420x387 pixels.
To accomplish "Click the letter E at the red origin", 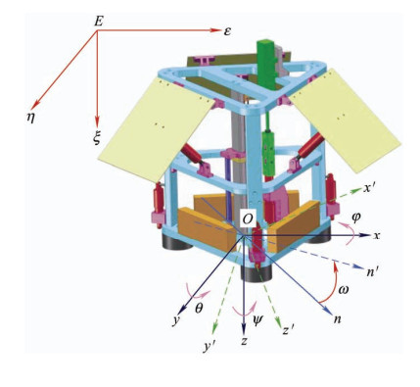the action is tap(99, 22).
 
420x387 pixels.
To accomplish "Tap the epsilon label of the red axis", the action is tap(227, 31).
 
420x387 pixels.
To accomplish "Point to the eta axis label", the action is tap(31, 118).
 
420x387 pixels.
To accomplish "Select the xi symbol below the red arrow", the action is tap(97, 138).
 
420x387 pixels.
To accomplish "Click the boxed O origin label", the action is tap(248, 219).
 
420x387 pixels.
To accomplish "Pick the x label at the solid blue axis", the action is tap(377, 235).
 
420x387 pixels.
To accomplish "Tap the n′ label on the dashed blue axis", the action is tap(372, 271).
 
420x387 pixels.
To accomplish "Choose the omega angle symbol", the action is tap(343, 289).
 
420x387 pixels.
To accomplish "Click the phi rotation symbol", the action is tap(355, 217).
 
